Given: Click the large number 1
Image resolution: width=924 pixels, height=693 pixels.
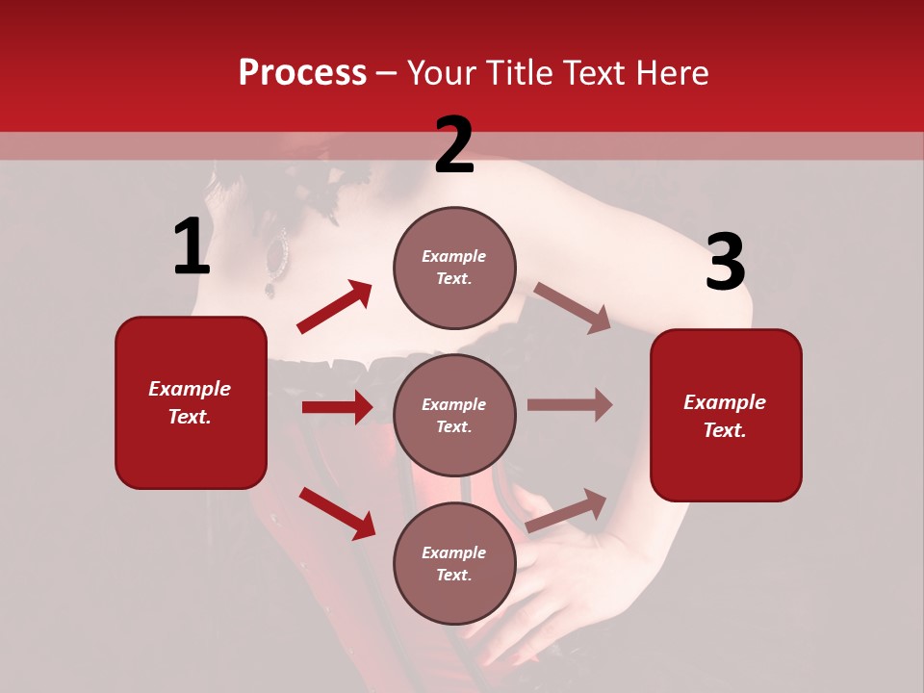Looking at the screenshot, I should pos(192,247).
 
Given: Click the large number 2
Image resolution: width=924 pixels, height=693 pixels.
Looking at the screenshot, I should pos(454,145).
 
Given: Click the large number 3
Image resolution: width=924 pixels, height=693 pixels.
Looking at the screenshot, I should pos(725,262).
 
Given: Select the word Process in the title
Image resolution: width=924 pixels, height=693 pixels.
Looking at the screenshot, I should pos(302,72).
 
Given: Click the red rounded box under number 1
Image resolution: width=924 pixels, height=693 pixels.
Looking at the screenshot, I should pos(191,402).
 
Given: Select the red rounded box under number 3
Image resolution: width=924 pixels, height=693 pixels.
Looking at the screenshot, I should pos(726,415).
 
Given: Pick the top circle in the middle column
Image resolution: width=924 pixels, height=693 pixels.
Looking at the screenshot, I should pos(454,267).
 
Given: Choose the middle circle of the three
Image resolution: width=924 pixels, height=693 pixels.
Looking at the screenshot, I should pos(454,415).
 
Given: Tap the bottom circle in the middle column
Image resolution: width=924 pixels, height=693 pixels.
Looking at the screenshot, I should pos(454,563).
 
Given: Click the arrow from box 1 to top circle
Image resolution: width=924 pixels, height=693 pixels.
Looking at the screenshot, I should pos(334,307).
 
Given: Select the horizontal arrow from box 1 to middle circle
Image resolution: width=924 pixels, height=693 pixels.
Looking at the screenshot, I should pos(337,407).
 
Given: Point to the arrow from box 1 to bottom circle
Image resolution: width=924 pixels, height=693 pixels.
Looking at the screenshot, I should pos(337,513).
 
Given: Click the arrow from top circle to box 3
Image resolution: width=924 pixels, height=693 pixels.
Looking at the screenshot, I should pos(572,307).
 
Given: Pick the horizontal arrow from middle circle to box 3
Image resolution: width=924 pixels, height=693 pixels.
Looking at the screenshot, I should pos(570,405).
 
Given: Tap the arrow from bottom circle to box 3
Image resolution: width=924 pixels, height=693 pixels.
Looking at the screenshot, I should pos(567,510).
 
